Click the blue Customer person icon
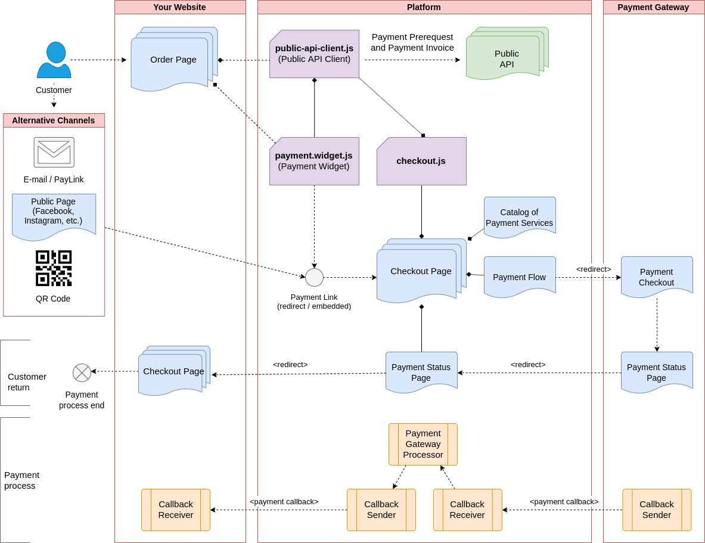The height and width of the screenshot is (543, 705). [x=54, y=60]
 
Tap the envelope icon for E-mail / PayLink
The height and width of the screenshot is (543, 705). [x=54, y=152]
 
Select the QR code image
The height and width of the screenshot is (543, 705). [x=54, y=268]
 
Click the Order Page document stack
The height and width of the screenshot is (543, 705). [x=173, y=60]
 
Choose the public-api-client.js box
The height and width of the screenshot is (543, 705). [x=314, y=54]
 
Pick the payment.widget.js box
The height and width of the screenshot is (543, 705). [x=314, y=161]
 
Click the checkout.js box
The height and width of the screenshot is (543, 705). [x=421, y=161]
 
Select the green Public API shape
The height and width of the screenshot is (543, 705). [x=506, y=58]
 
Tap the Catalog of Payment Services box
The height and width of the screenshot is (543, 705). [x=519, y=217]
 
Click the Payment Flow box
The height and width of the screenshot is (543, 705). [x=519, y=277]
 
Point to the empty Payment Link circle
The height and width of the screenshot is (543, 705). [x=314, y=277]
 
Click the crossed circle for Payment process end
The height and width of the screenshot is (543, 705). [x=82, y=373]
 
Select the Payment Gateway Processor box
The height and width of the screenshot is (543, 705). [x=423, y=444]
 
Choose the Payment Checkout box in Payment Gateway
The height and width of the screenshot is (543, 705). [x=656, y=277]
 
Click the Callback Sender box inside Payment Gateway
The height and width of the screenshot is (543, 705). [x=656, y=510]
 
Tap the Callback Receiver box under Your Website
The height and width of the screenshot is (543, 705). [x=175, y=510]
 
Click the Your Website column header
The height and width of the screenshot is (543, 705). [x=179, y=7]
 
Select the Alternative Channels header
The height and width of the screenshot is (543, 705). [x=54, y=120]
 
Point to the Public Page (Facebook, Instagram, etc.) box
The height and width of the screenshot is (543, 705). [x=54, y=215]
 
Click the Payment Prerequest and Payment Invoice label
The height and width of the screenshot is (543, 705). [x=412, y=42]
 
